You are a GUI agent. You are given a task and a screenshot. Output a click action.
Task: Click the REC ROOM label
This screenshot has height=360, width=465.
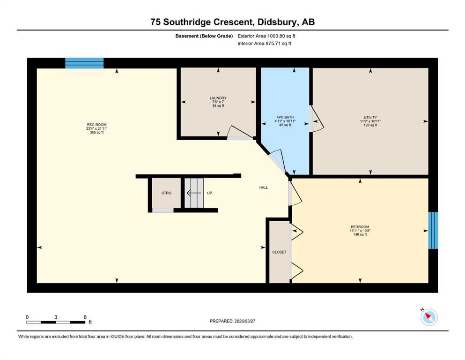[x=96, y=125]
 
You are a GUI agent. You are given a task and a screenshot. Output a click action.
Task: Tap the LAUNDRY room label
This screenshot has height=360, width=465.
[x=218, y=98]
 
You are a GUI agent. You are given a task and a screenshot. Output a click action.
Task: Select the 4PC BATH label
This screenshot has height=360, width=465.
[x=285, y=117]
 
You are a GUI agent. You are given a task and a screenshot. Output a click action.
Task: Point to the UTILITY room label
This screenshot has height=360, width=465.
[x=370, y=117]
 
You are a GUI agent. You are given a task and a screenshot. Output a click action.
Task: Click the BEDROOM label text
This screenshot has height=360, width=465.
[x=360, y=227]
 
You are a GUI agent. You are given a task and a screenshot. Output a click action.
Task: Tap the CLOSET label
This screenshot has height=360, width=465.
[x=280, y=252]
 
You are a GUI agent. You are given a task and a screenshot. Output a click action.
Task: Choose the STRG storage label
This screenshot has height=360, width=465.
[x=166, y=193]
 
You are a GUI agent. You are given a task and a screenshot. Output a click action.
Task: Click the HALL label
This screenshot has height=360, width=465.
[x=264, y=187]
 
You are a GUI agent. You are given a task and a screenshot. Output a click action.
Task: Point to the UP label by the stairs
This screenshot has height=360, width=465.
[x=210, y=193]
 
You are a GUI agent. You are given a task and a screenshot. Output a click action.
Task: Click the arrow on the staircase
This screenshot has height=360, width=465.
[x=194, y=193]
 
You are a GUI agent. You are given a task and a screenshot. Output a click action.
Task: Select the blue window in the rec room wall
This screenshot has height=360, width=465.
[x=84, y=63]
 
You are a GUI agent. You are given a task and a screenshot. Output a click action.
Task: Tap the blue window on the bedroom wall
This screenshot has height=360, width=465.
[x=433, y=230]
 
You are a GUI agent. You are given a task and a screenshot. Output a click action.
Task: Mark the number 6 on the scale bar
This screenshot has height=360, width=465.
[x=85, y=317]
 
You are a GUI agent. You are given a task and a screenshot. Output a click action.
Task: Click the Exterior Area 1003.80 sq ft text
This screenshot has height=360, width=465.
[x=266, y=36]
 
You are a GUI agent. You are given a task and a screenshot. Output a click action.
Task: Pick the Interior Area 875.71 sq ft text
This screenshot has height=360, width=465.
[x=264, y=43]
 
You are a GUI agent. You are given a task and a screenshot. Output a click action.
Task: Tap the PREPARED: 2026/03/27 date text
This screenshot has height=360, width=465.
[x=232, y=321]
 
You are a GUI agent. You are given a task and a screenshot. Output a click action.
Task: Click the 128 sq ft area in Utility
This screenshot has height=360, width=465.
[x=370, y=125]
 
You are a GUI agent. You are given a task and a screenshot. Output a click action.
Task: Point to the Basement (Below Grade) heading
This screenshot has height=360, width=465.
[x=204, y=36]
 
